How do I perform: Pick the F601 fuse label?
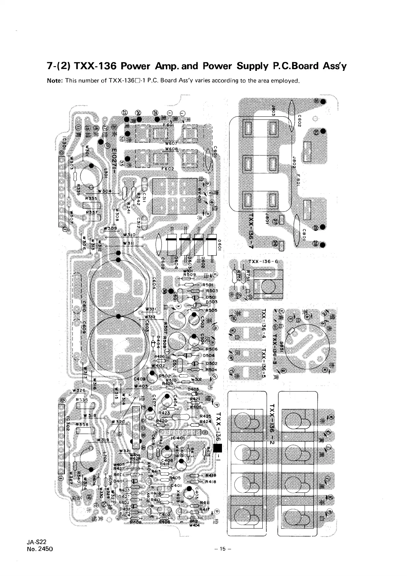pyautogui.click(x=168, y=125)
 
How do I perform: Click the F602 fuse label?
pyautogui.click(x=168, y=168)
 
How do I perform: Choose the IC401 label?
pyautogui.click(x=178, y=438)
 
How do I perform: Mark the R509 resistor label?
pyautogui.click(x=189, y=274)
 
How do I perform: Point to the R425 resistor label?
pyautogui.click(x=205, y=416)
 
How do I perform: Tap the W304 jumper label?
pyautogui.click(x=104, y=191)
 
